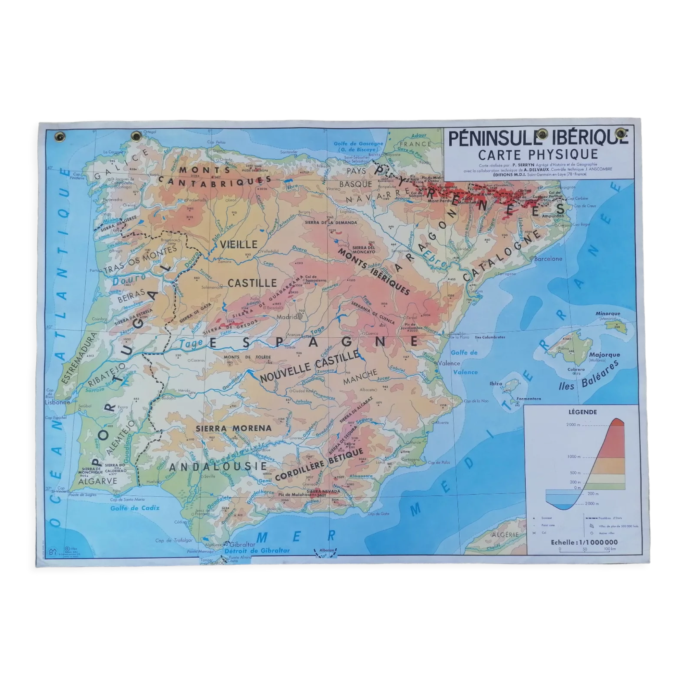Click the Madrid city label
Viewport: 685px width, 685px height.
[286, 317]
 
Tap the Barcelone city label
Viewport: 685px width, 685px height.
[548, 259]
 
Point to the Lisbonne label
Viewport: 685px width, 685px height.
[57, 402]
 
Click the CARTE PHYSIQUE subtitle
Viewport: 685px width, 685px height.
[538, 155]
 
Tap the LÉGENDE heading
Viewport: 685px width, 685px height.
[583, 412]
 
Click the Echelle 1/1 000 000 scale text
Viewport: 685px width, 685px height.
[584, 543]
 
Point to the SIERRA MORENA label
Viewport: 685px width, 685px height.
[234, 428]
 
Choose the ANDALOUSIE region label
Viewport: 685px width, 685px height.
[218, 467]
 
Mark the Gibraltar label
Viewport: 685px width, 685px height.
[242, 544]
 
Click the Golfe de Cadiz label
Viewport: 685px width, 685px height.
[135, 508]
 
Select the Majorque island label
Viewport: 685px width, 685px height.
[605, 354]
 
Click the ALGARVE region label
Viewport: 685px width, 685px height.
[98, 482]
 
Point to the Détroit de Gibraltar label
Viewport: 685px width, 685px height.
[257, 551]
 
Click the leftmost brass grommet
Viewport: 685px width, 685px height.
[60, 137]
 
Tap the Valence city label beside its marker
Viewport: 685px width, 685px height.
[449, 363]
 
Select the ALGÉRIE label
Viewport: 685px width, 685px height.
[505, 535]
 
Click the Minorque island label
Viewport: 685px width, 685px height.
[608, 313]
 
